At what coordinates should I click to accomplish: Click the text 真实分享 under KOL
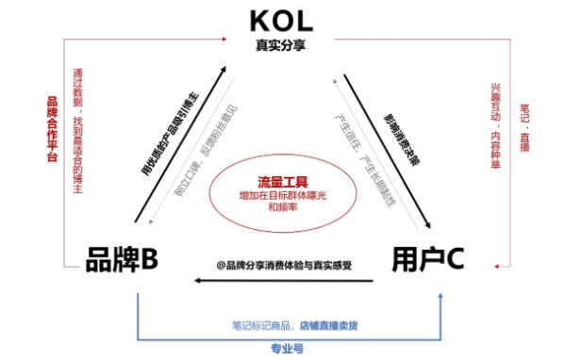point(280,43)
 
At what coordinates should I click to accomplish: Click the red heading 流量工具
point(283,180)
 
